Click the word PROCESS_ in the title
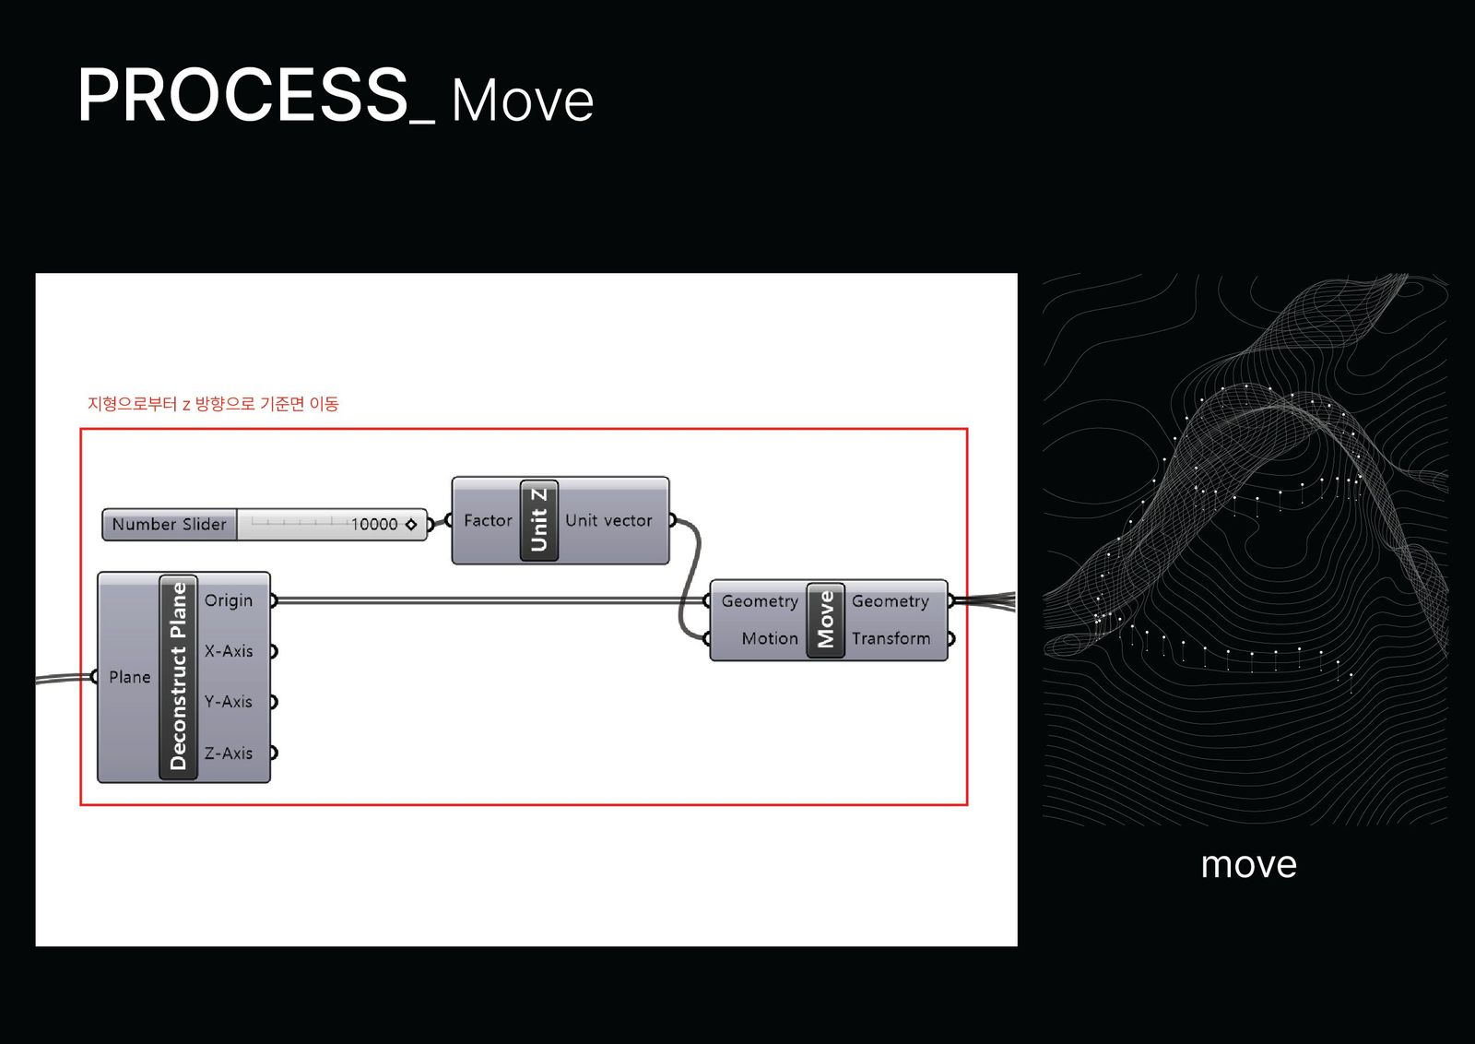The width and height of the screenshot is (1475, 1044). pos(254,96)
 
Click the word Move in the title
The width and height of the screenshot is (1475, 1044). pos(522,101)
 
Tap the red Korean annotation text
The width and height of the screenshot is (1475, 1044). pos(213,404)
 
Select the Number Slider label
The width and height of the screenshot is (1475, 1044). pos(169,524)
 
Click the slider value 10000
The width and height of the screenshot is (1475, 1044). pos(373,524)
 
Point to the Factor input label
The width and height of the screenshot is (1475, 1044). pos(488,520)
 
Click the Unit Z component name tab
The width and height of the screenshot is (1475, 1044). pos(539,520)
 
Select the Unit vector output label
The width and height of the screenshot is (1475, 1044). pos(608,520)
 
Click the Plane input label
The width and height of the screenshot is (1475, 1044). pos(129,677)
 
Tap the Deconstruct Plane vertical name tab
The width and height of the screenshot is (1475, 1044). pos(178,676)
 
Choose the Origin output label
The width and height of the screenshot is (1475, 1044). pos(229,600)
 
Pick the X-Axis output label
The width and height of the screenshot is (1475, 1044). pos(229,651)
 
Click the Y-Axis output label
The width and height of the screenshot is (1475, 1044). pos(229,702)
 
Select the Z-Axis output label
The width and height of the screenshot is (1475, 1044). pos(229,753)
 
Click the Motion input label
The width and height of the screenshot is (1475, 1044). pos(770,638)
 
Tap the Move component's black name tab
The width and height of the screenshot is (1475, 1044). pos(825,620)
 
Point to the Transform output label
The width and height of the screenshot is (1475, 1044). pos(891,638)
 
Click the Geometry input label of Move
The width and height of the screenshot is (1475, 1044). pos(760,601)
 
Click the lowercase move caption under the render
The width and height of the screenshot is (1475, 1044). pos(1248,864)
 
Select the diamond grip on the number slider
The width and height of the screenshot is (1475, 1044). pos(411,524)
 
